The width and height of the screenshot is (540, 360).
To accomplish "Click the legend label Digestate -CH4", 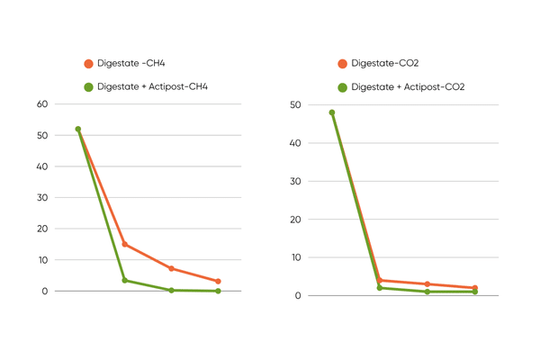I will point(130,64).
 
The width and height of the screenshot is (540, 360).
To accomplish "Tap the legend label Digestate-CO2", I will point(384,64).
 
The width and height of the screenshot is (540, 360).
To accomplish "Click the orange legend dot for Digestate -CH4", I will point(88,64).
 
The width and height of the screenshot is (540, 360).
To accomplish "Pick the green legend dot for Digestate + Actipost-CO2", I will point(342,87).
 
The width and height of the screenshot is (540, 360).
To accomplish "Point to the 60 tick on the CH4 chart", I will point(41,104).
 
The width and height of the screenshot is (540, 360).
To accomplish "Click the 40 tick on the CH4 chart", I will point(41,166).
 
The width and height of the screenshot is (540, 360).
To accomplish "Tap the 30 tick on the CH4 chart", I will point(41,198).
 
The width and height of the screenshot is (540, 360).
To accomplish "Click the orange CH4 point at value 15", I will point(125,244).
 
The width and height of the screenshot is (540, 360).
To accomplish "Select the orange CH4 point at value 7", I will point(171,269).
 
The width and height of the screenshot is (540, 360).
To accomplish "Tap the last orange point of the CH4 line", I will point(218,282).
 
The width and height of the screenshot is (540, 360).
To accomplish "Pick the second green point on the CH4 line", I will point(125,280).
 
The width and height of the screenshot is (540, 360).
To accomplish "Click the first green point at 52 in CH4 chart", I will point(78,130).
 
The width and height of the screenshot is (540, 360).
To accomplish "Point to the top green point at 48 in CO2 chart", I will point(332,112).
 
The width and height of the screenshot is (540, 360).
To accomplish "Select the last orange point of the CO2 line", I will point(475,288).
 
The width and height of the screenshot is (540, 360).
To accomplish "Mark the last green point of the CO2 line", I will point(475,292).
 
